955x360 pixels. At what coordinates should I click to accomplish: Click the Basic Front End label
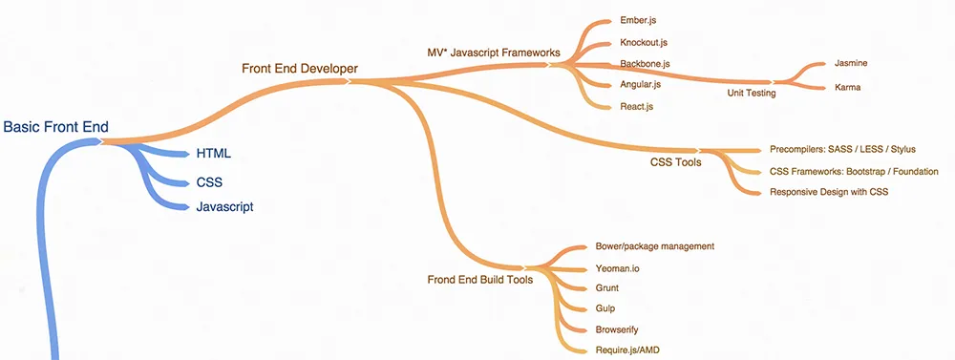(x=56, y=127)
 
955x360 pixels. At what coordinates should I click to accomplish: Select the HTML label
(x=214, y=153)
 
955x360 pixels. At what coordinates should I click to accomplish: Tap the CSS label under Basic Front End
(x=210, y=180)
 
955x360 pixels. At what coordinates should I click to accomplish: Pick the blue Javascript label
(x=224, y=206)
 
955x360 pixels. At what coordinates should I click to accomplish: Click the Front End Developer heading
(x=300, y=68)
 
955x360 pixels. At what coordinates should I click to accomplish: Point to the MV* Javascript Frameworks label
(x=493, y=52)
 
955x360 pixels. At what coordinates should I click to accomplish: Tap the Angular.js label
(x=641, y=85)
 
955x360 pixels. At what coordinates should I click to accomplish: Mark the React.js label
(x=637, y=106)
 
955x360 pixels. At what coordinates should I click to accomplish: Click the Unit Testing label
(x=752, y=93)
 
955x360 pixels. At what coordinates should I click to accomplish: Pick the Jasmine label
(x=851, y=63)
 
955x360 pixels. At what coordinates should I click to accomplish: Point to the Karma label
(x=848, y=87)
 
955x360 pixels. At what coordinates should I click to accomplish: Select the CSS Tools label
(x=676, y=162)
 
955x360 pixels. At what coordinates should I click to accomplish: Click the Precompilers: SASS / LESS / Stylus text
(x=842, y=150)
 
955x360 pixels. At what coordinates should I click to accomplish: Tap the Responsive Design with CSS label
(x=829, y=192)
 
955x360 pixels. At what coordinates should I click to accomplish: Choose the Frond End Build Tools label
(x=479, y=280)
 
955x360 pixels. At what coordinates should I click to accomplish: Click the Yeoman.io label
(x=618, y=268)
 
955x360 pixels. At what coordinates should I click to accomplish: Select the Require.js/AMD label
(x=627, y=349)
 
